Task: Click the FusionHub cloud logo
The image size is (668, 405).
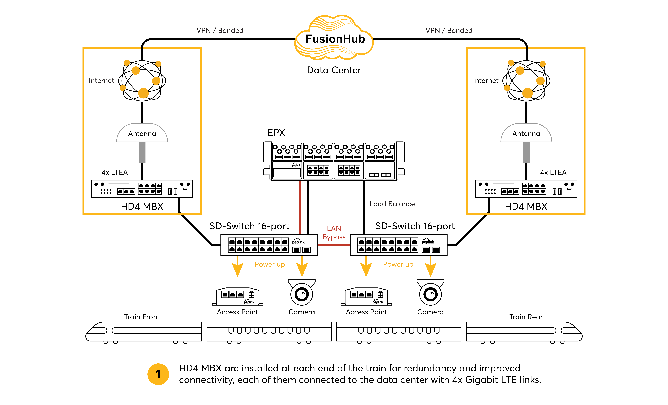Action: (334, 37)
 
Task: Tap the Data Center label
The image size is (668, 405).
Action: (334, 70)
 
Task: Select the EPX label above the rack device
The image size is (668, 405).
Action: (276, 133)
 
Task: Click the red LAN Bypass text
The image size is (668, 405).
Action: (334, 233)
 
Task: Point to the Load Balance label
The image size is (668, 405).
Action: (392, 204)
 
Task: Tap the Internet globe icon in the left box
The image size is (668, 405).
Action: (142, 80)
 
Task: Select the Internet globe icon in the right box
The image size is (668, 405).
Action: (526, 80)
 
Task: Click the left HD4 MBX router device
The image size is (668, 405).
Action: (142, 189)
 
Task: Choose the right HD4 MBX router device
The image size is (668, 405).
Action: (526, 189)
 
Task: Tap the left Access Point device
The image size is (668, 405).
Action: (237, 297)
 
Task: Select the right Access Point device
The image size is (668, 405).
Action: (366, 297)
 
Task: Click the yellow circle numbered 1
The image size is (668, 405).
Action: (158, 374)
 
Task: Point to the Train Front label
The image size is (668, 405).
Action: (142, 317)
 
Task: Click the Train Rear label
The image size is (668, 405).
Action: (526, 317)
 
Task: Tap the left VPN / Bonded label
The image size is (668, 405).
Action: (220, 30)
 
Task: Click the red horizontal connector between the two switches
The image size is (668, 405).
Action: (334, 245)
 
